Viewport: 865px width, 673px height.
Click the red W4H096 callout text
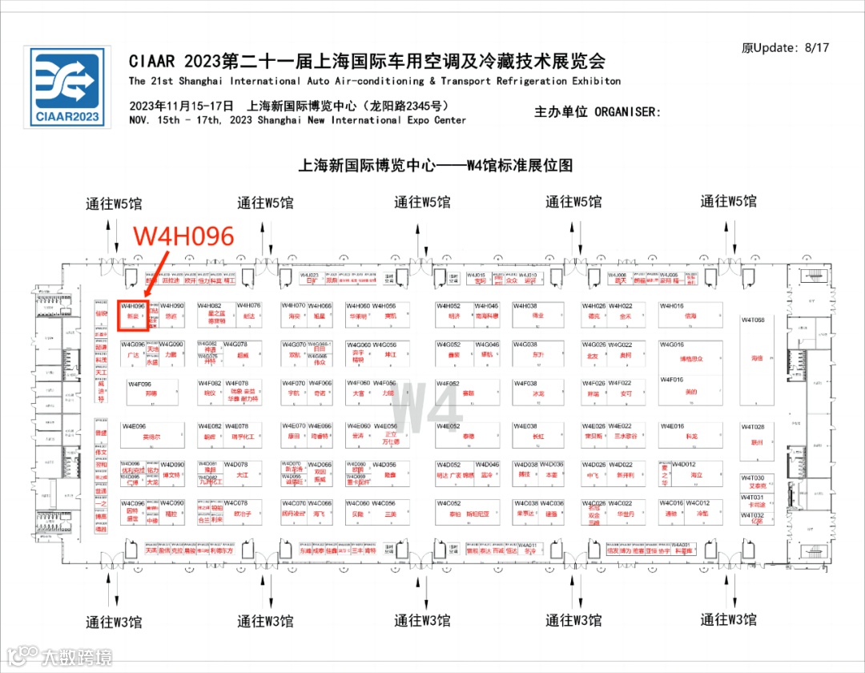(x=183, y=236)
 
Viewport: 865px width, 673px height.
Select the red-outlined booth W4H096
(x=132, y=315)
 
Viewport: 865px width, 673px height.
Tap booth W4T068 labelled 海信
(x=757, y=358)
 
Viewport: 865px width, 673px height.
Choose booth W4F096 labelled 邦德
(x=150, y=393)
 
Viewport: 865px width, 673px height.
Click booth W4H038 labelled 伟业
(x=537, y=314)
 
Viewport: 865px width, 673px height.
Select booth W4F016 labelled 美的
(x=690, y=391)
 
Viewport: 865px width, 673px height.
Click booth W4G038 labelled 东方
(x=537, y=353)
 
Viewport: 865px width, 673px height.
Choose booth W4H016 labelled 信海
(x=690, y=314)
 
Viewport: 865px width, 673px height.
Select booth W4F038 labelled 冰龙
(x=537, y=393)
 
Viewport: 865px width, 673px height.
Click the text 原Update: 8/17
(x=785, y=47)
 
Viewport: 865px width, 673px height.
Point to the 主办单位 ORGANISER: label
(x=597, y=112)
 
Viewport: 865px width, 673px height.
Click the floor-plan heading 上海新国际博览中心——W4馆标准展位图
(x=436, y=166)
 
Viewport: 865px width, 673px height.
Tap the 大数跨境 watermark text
(x=76, y=656)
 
